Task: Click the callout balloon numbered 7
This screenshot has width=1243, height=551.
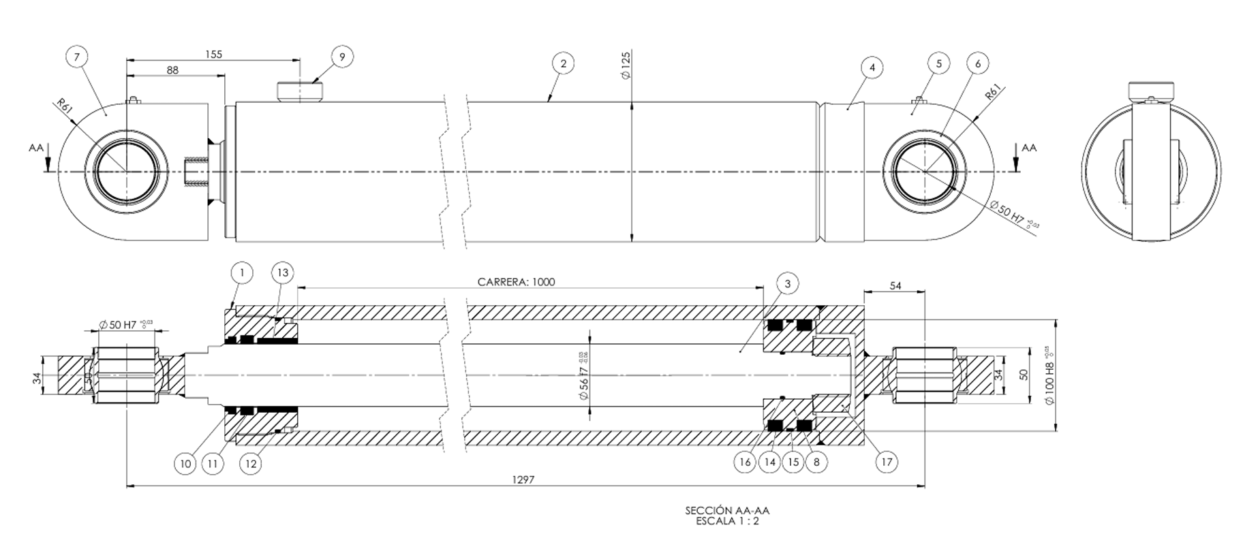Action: [x=77, y=57]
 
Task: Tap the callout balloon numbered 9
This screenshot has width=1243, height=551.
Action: [x=342, y=57]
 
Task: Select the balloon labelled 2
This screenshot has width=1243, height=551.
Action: [x=563, y=64]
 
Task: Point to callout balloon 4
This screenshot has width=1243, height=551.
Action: [x=872, y=67]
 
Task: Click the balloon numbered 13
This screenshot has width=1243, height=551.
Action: [x=282, y=273]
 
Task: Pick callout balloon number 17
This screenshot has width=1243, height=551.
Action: [x=887, y=462]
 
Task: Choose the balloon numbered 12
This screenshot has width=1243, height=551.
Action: [x=251, y=464]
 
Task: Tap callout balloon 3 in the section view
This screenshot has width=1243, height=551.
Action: [x=787, y=283]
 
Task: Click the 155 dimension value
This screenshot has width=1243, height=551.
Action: [x=213, y=54]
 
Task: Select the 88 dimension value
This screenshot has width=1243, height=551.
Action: [x=172, y=70]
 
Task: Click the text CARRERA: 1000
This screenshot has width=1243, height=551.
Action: [x=516, y=282]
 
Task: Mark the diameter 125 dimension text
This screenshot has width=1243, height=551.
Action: [x=626, y=66]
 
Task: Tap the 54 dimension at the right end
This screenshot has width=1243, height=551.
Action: [x=895, y=286]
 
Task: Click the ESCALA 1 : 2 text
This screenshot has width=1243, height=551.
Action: [x=726, y=521]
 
